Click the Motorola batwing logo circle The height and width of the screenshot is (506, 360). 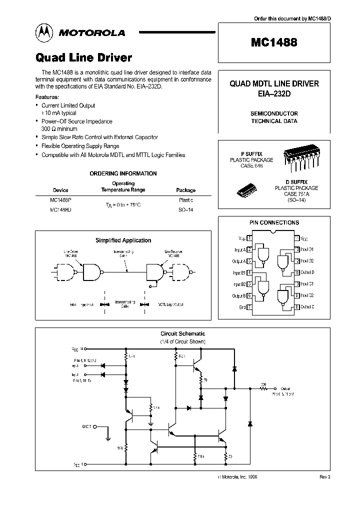click(43, 32)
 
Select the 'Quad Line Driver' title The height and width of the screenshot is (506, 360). click(83, 57)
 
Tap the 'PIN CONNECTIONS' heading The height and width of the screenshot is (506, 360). click(274, 222)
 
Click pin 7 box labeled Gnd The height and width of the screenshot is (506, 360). click(249, 307)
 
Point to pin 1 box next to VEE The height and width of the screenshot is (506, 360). click(249, 238)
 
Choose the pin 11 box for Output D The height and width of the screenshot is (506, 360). click(297, 272)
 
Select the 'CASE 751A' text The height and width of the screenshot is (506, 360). click(296, 194)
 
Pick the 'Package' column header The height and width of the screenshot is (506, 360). click(186, 190)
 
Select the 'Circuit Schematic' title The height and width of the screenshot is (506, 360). click(182, 333)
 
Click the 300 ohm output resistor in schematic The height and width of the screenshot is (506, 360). click(263, 387)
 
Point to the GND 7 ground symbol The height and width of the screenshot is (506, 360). click(108, 435)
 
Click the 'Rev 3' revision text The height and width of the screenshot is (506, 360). click(325, 477)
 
